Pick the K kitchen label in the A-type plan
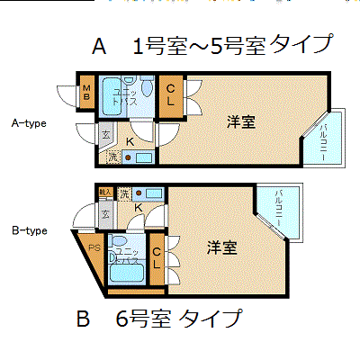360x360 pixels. point(130,140)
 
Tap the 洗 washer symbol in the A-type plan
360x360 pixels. point(112,157)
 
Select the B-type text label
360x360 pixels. point(28,230)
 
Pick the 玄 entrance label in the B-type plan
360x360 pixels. point(105,214)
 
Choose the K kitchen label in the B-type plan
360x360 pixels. point(139,209)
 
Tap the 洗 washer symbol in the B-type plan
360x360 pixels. point(123,193)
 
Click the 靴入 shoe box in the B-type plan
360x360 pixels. point(105,193)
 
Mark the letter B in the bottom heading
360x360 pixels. point(84,319)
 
